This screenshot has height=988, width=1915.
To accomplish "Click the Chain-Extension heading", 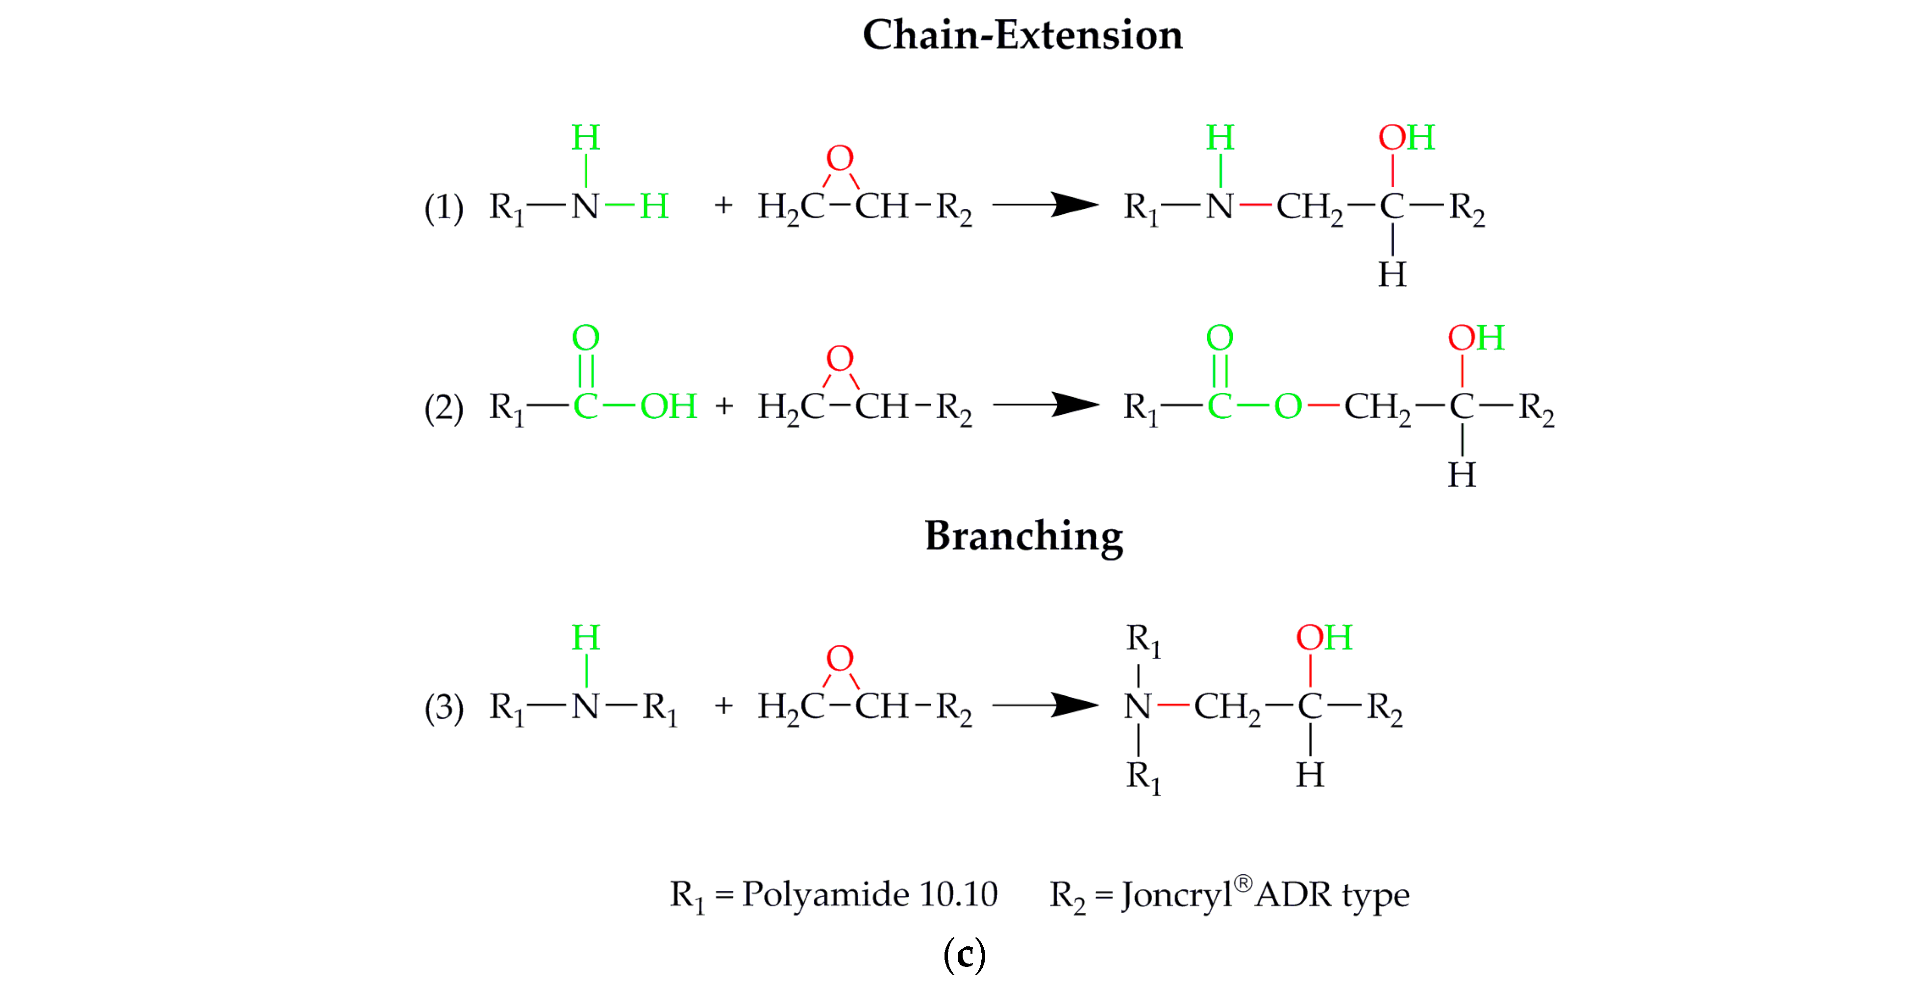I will [x=1022, y=35].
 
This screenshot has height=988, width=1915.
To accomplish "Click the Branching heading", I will [x=1023, y=536].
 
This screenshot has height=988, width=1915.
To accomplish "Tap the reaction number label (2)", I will [x=444, y=408].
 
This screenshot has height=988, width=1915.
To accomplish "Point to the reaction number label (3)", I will [x=444, y=708].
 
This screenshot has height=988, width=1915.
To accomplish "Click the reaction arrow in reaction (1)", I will [x=1045, y=204].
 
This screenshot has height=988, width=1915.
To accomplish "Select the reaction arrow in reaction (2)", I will [x=1045, y=405].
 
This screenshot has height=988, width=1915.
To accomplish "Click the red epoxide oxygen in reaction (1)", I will [x=840, y=158].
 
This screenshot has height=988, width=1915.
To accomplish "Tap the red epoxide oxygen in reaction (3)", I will [x=840, y=659].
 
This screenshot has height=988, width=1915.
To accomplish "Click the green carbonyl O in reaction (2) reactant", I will [x=586, y=338].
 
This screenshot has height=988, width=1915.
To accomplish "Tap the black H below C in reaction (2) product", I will [x=1462, y=475].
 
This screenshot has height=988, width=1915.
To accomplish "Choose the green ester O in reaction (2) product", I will [x=1288, y=406].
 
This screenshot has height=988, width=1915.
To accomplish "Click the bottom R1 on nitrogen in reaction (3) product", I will [x=1143, y=777].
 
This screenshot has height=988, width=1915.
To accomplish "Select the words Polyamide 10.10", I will [x=870, y=894].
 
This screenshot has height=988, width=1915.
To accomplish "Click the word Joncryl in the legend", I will [x=1177, y=896].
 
